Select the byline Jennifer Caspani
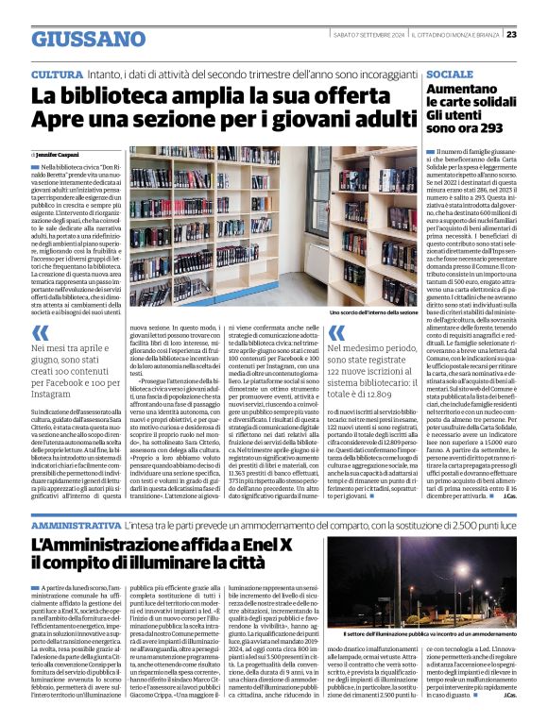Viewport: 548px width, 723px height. tap(58, 153)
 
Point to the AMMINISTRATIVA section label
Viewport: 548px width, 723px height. tap(76, 522)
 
